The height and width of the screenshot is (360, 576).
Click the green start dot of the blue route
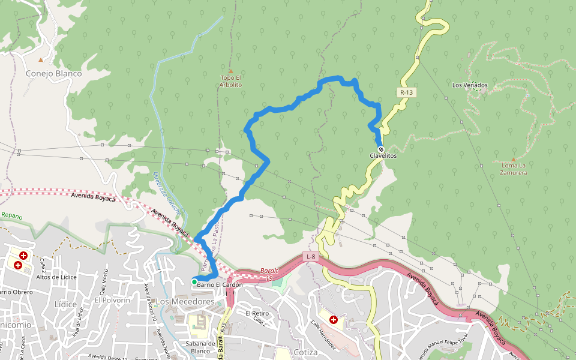click(194, 281)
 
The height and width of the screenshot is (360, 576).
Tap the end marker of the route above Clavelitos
click(380, 149)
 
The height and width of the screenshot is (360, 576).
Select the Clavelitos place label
click(383, 156)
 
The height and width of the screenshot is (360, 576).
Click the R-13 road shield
click(406, 92)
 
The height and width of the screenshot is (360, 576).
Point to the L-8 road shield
click(310, 257)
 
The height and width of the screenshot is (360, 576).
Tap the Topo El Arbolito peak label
click(231, 81)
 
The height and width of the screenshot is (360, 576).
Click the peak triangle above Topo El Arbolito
click(230, 71)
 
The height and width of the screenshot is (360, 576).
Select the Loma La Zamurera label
click(513, 169)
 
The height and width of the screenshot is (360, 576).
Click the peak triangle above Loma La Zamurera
click(513, 159)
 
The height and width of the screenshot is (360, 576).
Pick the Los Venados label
click(470, 85)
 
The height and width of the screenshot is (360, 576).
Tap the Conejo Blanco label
click(53, 74)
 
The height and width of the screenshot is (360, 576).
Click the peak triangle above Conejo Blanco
click(41, 60)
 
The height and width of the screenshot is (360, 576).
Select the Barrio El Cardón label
click(220, 284)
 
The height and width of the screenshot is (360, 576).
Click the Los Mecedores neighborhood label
click(185, 301)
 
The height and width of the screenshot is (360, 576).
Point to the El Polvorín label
click(112, 299)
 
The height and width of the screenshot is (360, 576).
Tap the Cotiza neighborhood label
click(306, 352)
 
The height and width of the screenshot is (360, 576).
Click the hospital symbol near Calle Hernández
click(334, 320)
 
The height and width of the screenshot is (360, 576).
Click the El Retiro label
click(257, 313)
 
